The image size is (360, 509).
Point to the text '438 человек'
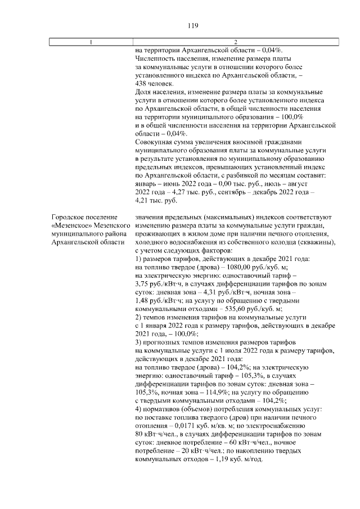(x=151, y=83)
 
